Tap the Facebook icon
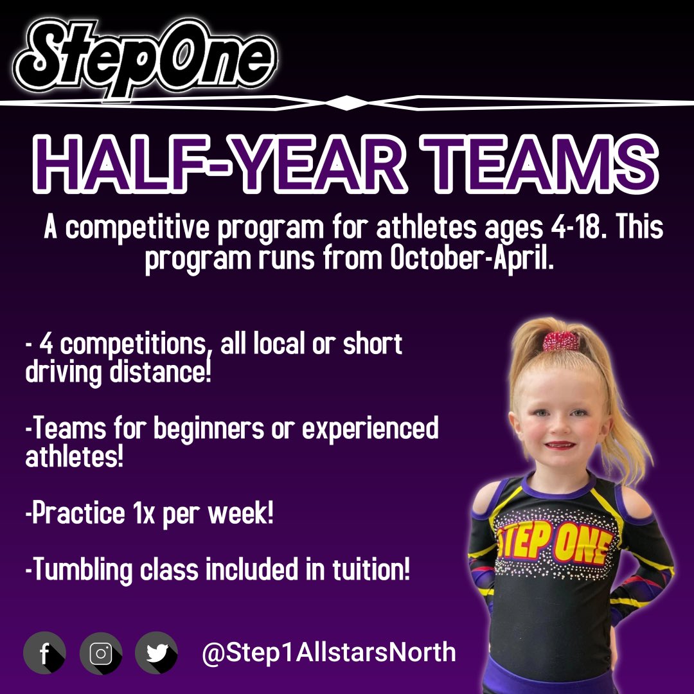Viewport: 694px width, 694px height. [44, 653]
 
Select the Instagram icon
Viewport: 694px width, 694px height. [101, 653]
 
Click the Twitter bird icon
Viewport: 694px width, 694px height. [156, 653]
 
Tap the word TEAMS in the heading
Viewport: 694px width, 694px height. [535, 166]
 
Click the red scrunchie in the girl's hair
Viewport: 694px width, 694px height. [562, 341]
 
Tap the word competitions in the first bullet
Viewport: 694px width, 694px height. [135, 345]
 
